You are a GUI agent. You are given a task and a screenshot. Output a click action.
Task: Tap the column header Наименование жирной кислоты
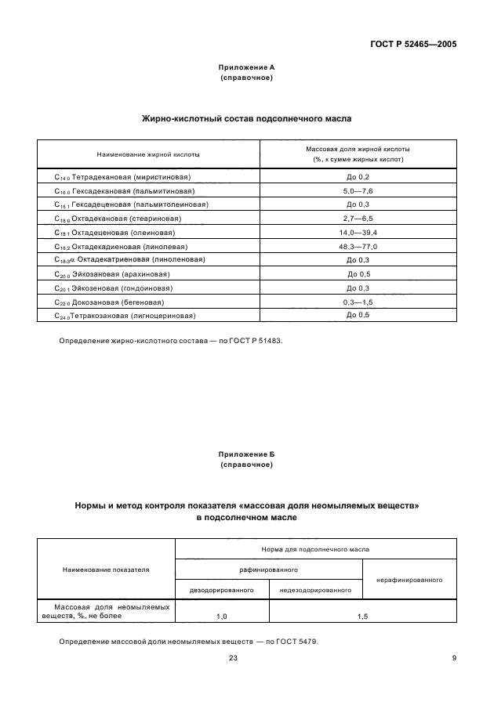coord(148,154)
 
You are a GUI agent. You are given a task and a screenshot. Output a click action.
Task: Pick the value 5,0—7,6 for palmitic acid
coord(357,190)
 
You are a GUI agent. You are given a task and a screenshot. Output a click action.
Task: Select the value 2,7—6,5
coord(357,219)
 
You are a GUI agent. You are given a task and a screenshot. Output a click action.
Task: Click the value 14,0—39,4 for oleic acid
coord(358,232)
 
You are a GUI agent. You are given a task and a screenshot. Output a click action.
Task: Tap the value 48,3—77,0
coord(358,246)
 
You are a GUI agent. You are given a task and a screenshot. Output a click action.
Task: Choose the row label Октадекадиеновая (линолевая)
coord(118,246)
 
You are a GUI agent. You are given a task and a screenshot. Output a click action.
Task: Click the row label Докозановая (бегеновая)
coord(113,302)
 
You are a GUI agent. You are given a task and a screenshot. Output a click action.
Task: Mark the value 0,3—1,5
coord(358,302)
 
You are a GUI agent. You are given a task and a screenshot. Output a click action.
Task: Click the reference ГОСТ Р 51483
coord(256,342)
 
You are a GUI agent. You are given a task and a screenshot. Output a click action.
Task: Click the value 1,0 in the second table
coord(222,617)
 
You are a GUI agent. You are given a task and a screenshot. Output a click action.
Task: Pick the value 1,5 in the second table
coord(362,617)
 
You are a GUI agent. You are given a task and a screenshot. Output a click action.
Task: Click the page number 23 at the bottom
coord(233,657)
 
